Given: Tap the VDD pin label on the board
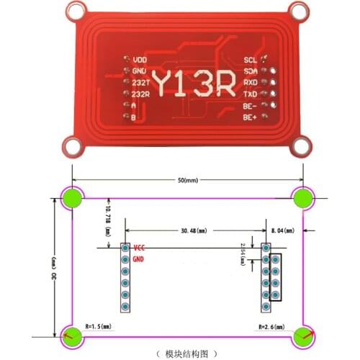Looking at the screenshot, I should coord(140,60).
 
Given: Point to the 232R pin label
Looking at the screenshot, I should coord(140,94).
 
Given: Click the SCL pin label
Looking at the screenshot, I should coord(251,60).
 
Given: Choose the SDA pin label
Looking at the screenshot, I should coord(251,71).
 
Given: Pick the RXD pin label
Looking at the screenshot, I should coord(251,83).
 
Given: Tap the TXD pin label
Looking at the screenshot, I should coord(251,94).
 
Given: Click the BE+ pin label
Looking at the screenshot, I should coord(251,117).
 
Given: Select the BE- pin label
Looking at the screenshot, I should coord(251,106).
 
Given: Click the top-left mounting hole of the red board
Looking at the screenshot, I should coord(74,9).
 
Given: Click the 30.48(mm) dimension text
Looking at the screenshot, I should coord(194,231).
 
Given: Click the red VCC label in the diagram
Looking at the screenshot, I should coord(140,247).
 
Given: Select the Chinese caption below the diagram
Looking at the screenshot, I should coord(186,353).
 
